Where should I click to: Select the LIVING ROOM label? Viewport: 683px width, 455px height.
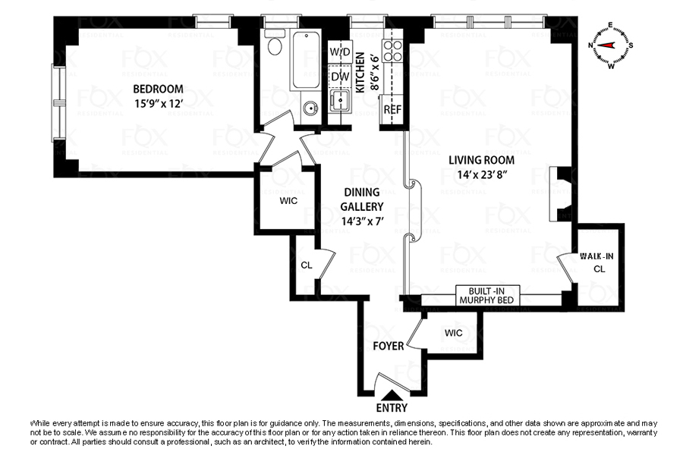coord(481,160)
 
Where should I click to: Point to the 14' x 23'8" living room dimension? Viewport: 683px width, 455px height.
coord(481,175)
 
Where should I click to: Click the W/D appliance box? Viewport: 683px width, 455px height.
coord(340,52)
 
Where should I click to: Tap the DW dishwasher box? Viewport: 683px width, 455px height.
coord(340,76)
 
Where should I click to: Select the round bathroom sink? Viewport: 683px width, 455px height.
coord(310,108)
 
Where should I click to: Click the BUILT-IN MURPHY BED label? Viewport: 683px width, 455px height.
coord(487,295)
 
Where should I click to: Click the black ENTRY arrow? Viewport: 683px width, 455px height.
coord(392,394)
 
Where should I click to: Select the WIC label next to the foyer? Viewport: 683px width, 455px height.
coord(453,333)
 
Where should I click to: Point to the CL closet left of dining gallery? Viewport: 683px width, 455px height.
coord(307,265)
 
